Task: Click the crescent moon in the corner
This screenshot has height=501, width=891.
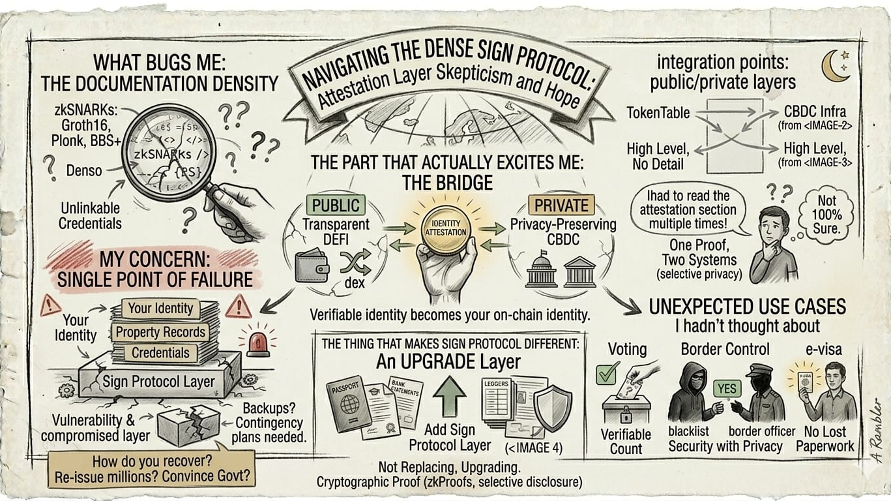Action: [834, 67]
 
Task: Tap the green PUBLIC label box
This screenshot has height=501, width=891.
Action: [336, 205]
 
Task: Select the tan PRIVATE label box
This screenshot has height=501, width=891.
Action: [561, 205]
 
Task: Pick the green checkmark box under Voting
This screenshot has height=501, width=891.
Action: [607, 374]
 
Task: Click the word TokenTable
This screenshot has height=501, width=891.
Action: [658, 113]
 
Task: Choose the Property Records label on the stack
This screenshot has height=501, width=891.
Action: [161, 332]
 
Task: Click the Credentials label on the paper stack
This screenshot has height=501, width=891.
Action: [160, 353]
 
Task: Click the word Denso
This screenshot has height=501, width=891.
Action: [84, 171]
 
